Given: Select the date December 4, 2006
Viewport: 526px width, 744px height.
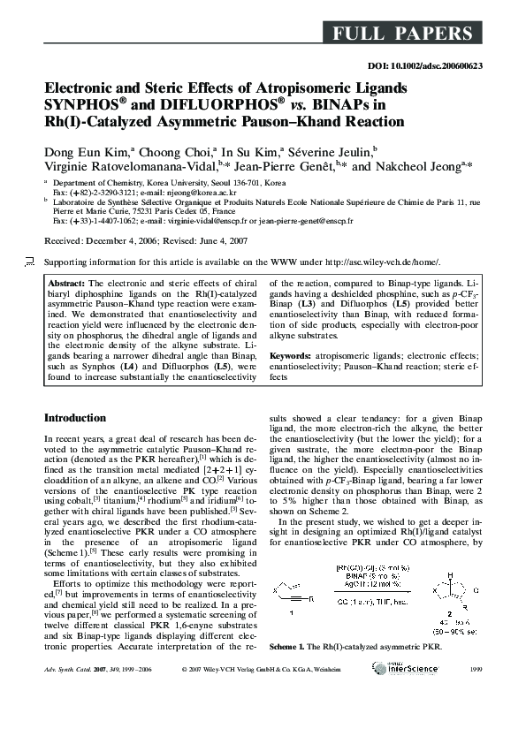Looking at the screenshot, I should click(x=116, y=240).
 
